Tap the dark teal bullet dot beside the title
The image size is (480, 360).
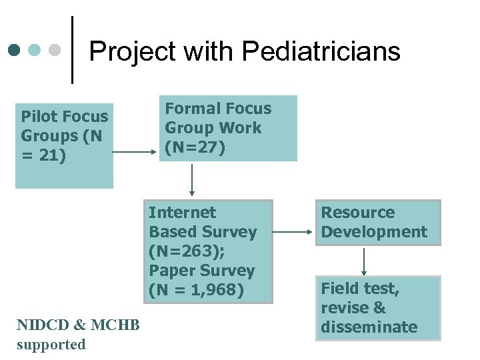coord(15,50)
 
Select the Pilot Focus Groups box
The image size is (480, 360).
coord(65,145)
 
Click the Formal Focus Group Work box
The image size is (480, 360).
coord(230,128)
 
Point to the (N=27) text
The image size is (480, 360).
coord(195,147)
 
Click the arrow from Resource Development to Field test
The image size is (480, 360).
coord(364,261)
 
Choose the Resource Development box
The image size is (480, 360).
coord(377,223)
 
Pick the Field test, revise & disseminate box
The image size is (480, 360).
coord(377,308)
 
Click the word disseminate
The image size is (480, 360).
coord(369,327)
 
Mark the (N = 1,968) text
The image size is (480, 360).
coord(197,290)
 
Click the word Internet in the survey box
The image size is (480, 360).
coord(182,213)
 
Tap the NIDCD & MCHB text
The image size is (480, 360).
coord(78,325)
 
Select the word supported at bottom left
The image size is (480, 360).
coord(51,345)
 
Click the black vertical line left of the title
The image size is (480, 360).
coord(72,50)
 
